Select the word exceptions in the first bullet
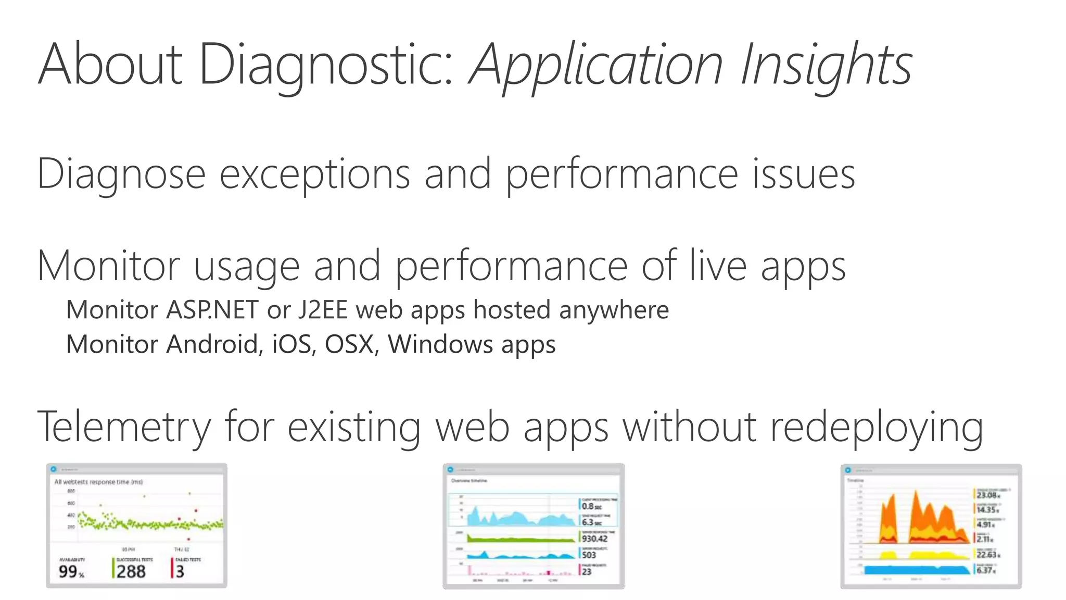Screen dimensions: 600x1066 point(315,174)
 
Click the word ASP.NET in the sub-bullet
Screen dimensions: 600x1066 point(212,310)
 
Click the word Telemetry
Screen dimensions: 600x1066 point(124,427)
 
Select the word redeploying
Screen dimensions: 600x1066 point(877,427)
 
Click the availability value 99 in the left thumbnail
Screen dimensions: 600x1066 point(68,571)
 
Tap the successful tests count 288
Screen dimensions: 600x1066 point(131,571)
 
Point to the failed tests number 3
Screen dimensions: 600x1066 point(180,571)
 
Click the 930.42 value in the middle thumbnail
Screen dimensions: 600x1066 point(594,539)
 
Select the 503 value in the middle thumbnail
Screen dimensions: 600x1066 point(589,555)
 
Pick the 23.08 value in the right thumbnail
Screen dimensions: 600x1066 point(987,495)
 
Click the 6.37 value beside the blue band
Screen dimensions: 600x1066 point(985,570)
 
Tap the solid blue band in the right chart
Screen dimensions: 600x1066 point(916,570)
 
